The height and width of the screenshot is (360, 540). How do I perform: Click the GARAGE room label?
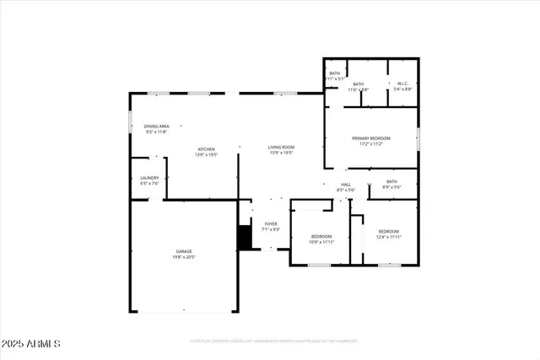[x=183, y=251]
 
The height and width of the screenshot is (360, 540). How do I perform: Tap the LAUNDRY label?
[x=149, y=177]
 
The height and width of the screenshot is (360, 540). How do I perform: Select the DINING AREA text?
[x=156, y=126]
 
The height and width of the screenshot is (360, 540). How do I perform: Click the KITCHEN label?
[x=207, y=148]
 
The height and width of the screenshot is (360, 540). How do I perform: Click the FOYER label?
[x=271, y=223]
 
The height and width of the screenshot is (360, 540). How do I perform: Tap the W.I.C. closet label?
[x=402, y=83]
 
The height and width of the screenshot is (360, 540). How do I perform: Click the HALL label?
[x=345, y=185]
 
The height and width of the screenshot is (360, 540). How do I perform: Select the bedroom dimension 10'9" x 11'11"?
[x=321, y=242]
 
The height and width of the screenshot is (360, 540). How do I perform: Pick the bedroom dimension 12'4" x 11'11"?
[x=388, y=237]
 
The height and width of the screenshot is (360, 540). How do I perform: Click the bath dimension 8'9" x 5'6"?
[x=391, y=187]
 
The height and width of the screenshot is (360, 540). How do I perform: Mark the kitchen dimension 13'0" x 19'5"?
[x=207, y=154]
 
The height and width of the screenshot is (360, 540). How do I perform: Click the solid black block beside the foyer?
[x=245, y=237]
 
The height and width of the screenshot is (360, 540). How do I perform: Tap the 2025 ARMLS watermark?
[x=31, y=344]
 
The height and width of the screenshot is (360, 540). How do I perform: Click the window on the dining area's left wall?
[x=130, y=123]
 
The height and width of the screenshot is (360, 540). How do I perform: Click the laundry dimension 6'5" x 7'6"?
[x=149, y=183]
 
